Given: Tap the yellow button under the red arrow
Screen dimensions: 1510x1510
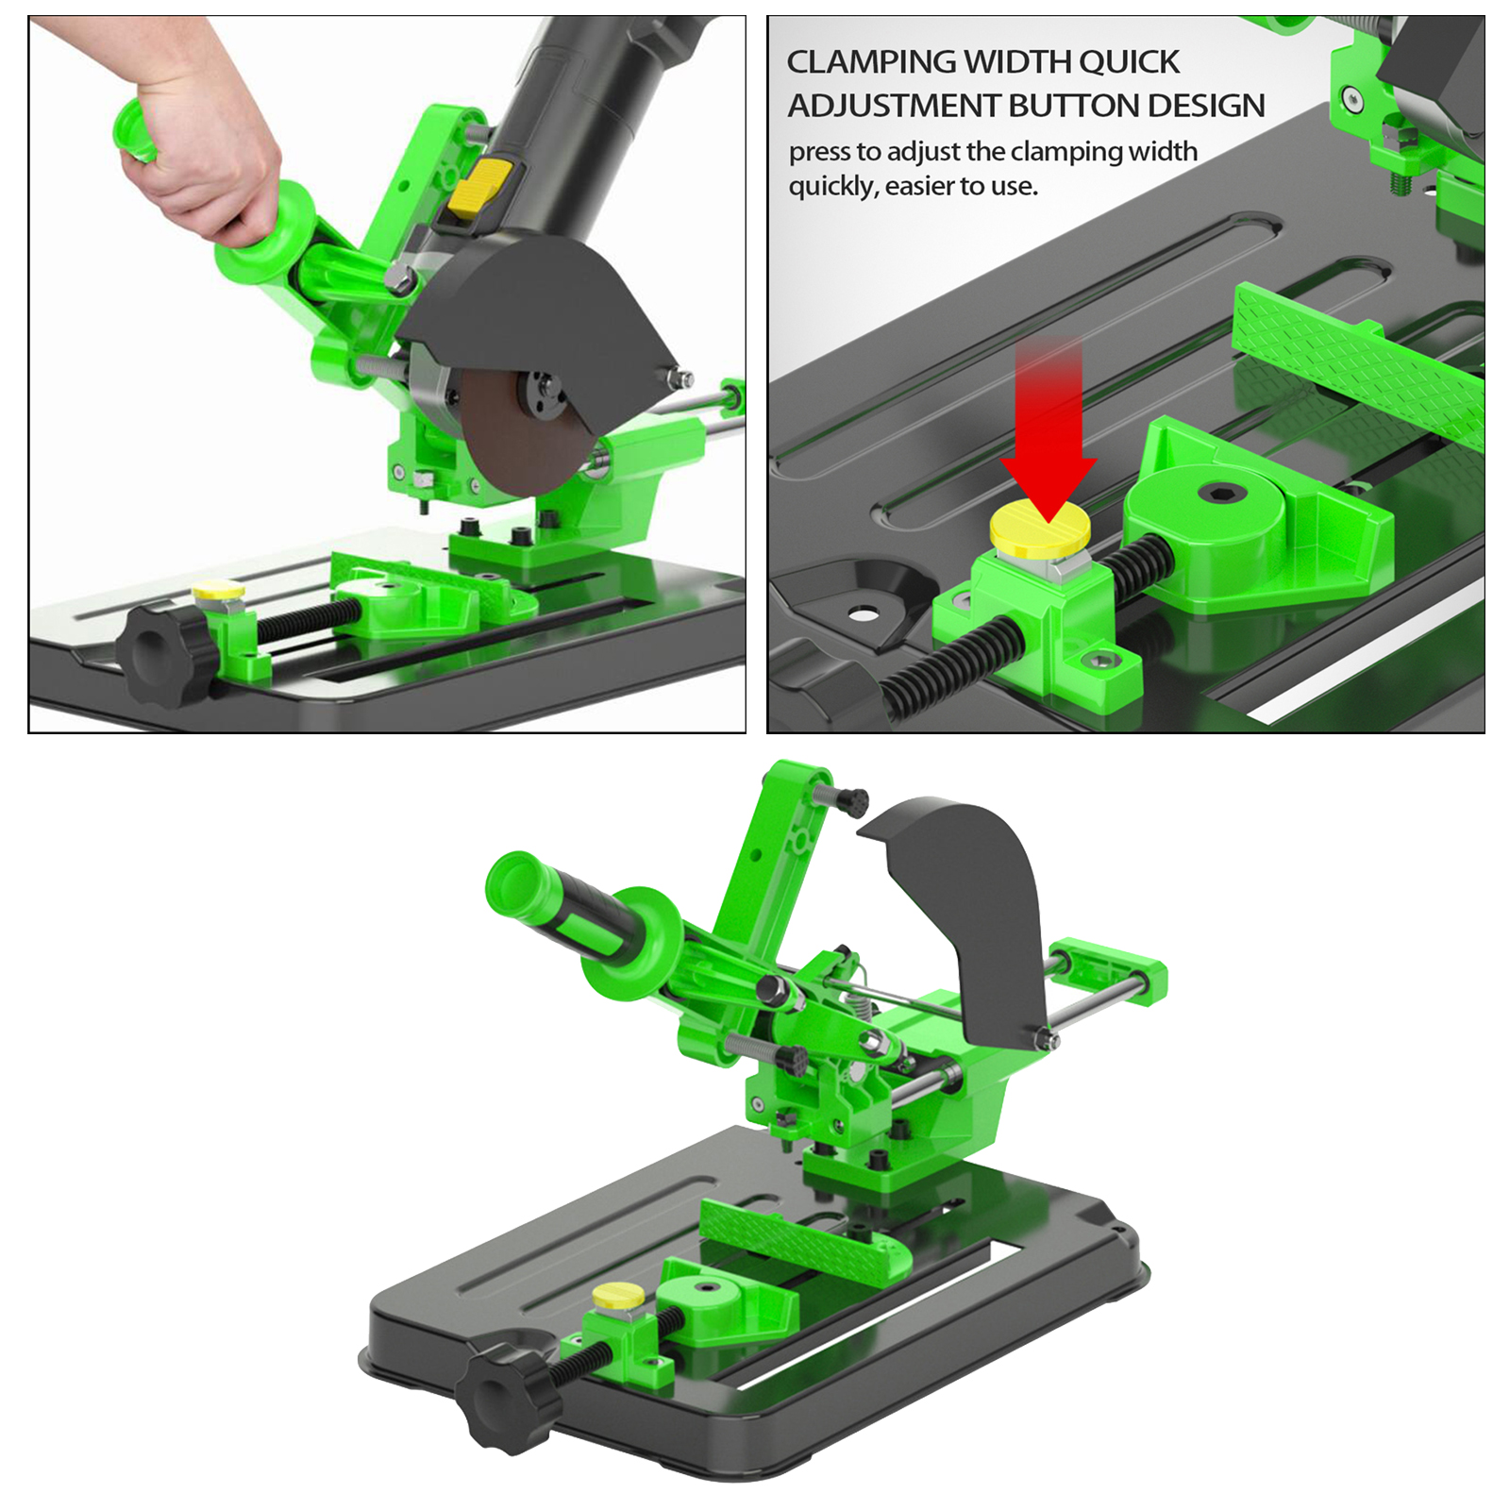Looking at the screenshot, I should pos(1039,528).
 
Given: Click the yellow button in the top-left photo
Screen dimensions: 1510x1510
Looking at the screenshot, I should pos(218,592).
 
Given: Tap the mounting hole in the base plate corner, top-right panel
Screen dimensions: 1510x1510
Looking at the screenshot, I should pos(861,614).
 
